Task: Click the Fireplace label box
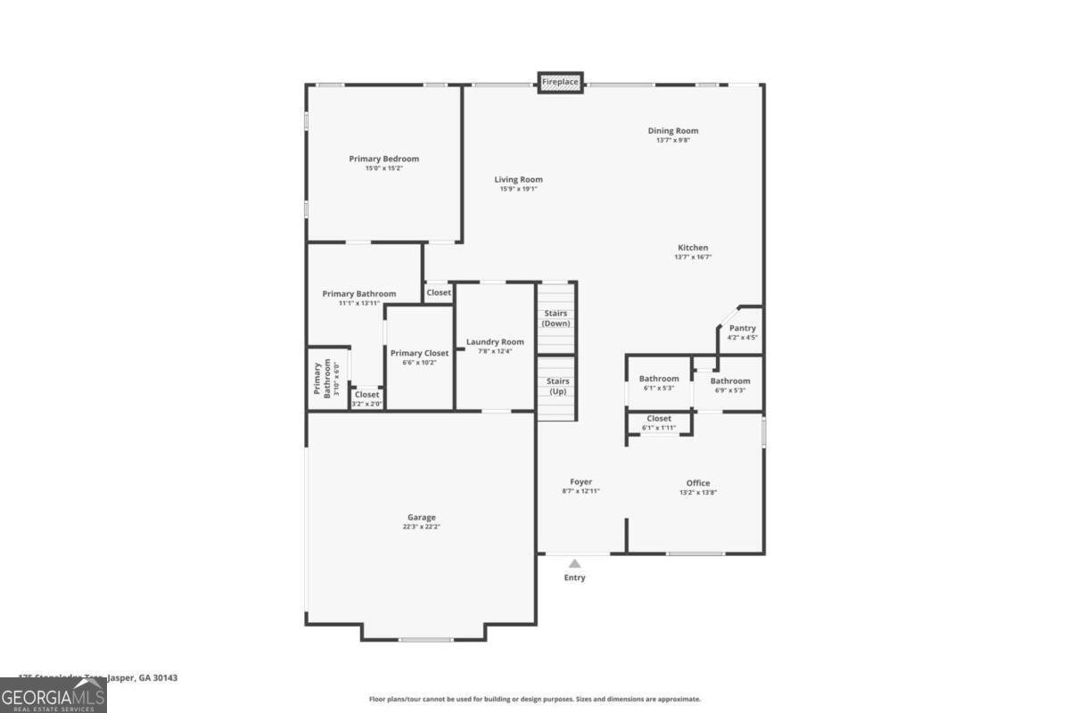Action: pos(560,82)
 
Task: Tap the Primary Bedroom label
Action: pos(383,159)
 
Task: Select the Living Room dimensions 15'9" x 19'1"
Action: pos(518,189)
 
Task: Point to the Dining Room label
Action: pos(672,131)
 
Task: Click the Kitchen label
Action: pos(693,248)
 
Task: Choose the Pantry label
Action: pos(742,328)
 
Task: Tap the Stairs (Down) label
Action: pos(556,318)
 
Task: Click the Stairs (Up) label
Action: pos(558,386)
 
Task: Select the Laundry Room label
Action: pos(495,342)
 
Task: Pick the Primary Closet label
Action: pos(419,353)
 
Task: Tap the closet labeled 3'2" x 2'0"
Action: pos(366,398)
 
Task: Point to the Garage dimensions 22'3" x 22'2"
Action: pos(422,527)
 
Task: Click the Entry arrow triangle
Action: pos(575,563)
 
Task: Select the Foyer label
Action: pos(580,482)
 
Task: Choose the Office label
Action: pos(698,483)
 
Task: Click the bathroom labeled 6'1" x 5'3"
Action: pos(659,382)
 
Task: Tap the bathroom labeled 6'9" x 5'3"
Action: pos(729,385)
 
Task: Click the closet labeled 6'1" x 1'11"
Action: pos(659,422)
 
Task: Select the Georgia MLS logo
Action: pos(53,695)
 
